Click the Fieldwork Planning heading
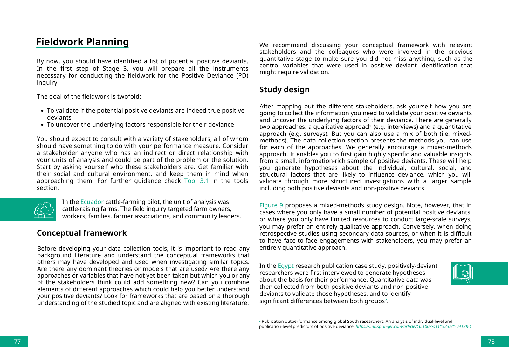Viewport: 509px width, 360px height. point(82,42)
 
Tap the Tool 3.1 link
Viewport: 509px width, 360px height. point(196,181)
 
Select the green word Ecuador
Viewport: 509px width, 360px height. point(92,202)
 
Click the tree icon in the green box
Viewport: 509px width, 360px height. point(44,210)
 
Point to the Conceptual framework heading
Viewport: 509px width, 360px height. point(82,233)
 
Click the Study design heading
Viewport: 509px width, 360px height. point(284,90)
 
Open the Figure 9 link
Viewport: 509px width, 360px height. point(271,205)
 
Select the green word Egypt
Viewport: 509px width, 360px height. point(285,266)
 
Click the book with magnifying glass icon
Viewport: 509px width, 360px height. point(463,273)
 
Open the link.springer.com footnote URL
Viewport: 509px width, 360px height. point(413,327)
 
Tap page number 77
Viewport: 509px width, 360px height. point(17,342)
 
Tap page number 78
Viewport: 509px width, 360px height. point(491,342)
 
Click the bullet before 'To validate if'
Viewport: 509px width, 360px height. point(42,111)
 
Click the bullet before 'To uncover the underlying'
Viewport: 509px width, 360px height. point(42,125)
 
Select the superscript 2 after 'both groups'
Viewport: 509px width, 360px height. point(386,300)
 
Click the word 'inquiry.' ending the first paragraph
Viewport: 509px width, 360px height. point(48,83)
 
